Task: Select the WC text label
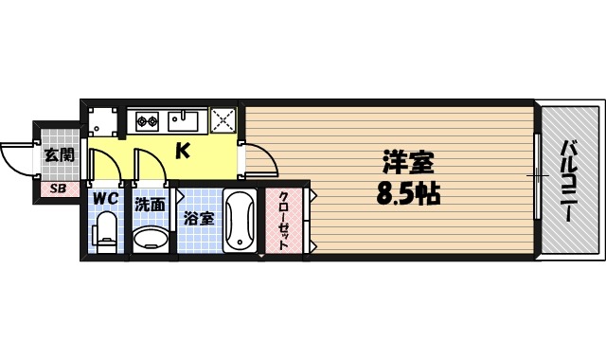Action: coord(104,201)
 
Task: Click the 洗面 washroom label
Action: coord(150,203)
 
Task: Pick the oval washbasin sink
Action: coord(149,237)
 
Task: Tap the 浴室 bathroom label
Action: coord(199,218)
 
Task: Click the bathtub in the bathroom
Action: coord(239,221)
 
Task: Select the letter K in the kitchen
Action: coord(183,150)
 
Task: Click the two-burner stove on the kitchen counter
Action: coord(146,120)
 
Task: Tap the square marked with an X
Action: coord(223,120)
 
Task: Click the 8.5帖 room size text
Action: coord(408,194)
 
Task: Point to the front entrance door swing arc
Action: coord(17,157)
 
